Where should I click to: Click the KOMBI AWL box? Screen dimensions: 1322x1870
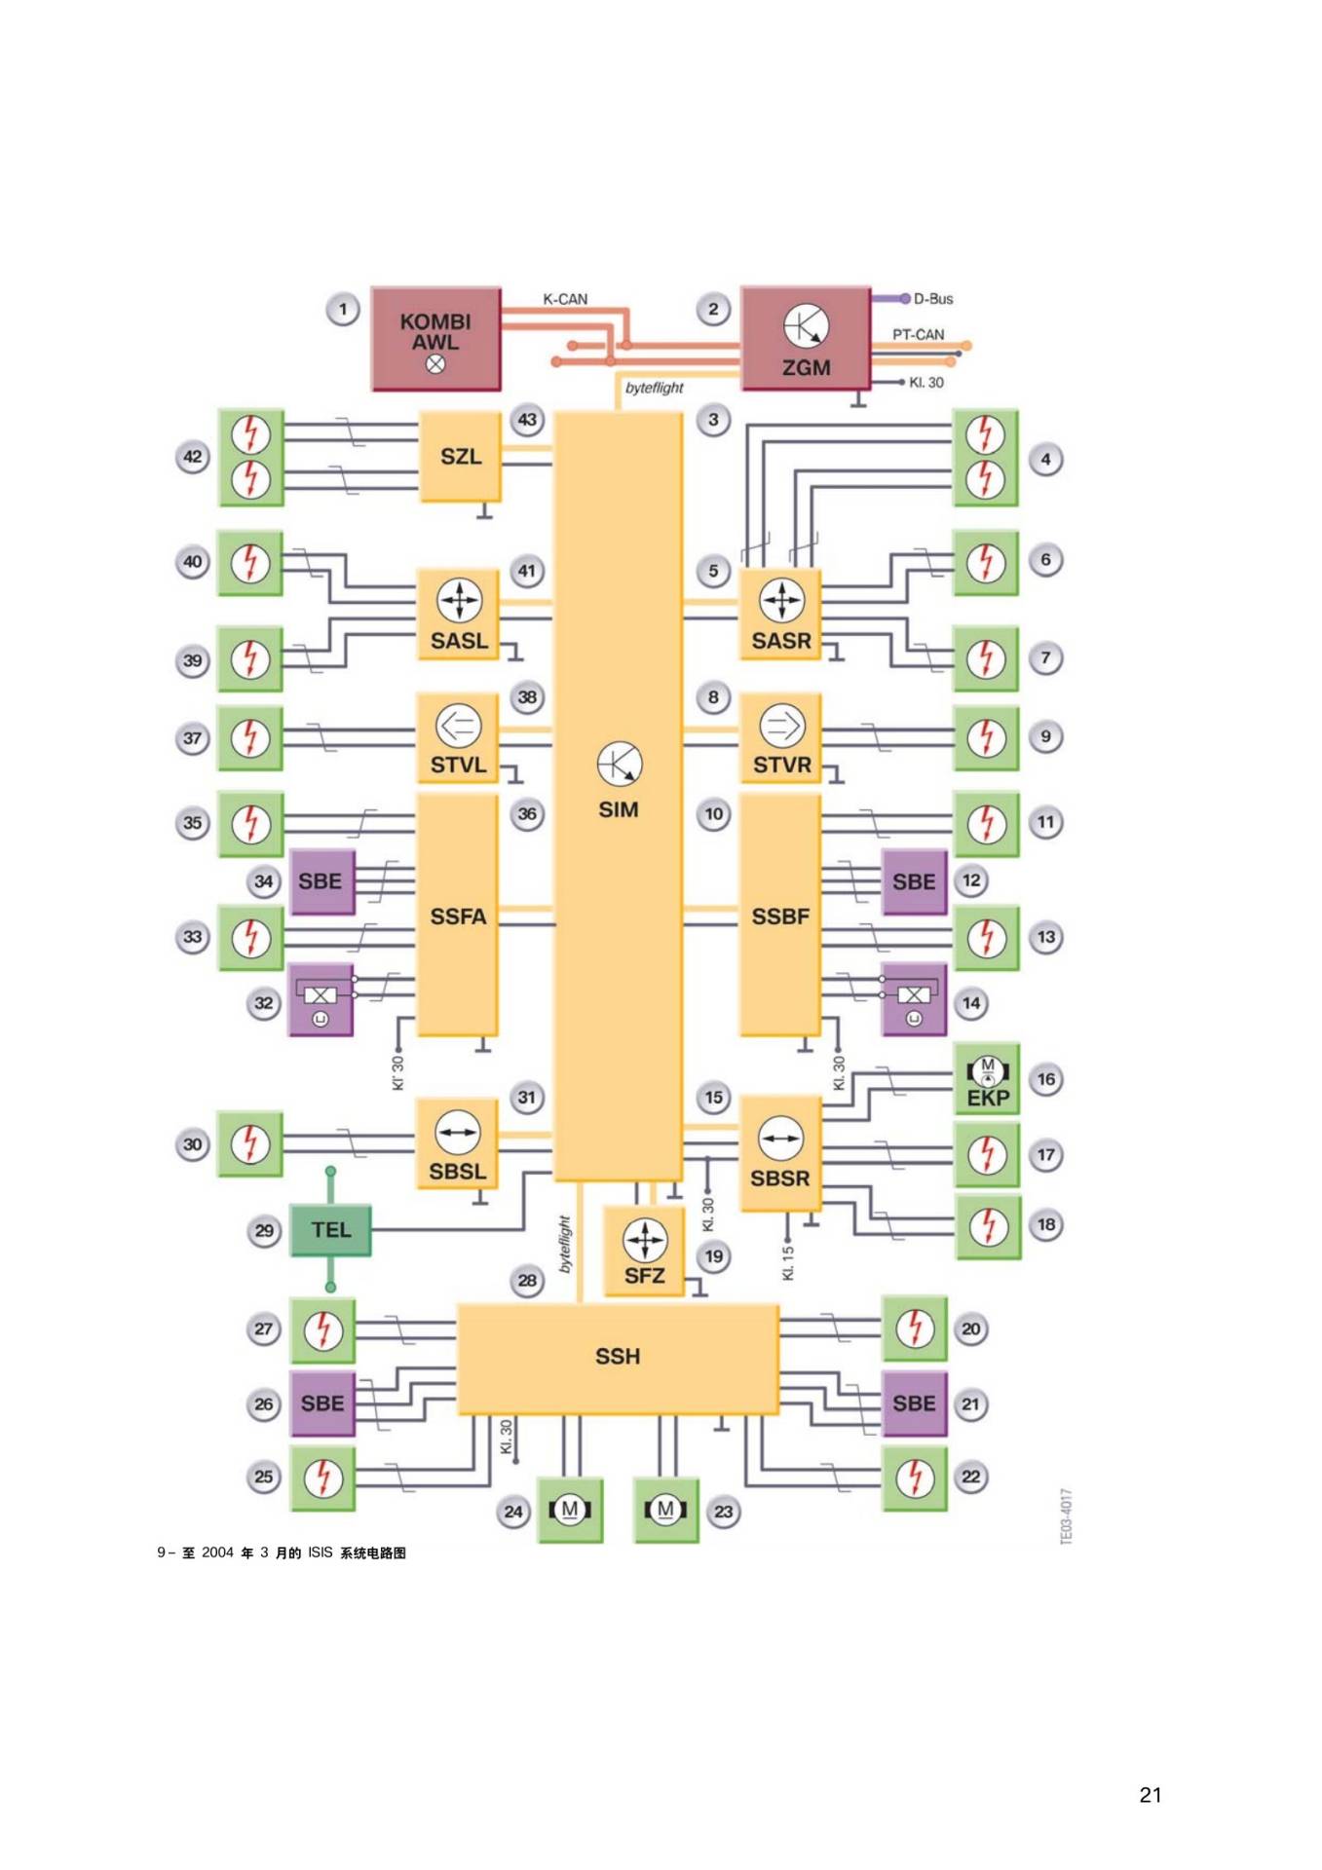436,339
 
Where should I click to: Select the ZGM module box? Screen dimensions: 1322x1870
806,338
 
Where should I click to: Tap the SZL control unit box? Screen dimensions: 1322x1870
460,456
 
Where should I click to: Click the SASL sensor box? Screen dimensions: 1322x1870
458,615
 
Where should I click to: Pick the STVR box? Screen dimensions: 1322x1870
780,738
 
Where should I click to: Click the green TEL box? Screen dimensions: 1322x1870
330,1229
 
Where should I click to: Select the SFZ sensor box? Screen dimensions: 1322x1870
644,1252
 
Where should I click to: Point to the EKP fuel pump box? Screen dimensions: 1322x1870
987,1079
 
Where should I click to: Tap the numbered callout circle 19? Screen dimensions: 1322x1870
714,1256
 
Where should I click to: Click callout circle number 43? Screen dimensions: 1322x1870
527,420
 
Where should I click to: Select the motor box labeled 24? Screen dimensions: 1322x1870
570,1511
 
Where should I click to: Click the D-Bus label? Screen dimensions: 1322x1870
932,299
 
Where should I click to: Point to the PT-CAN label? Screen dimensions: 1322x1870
918,334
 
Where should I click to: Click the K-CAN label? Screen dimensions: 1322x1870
565,299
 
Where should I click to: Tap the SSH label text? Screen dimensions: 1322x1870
618,1356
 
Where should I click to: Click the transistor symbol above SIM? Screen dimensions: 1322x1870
620,765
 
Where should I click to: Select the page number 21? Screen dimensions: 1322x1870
1150,1795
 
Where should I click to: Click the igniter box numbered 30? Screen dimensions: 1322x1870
250,1143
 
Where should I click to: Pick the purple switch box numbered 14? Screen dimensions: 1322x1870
913,1000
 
